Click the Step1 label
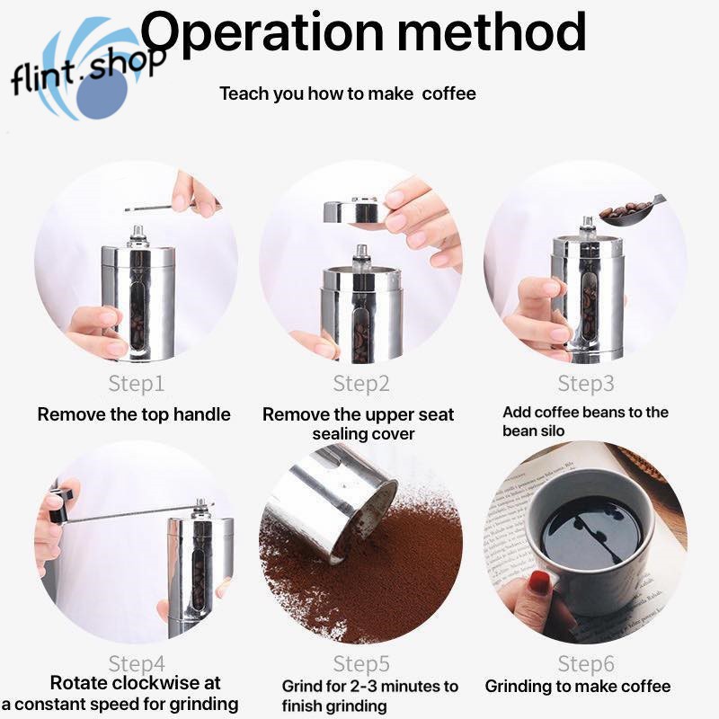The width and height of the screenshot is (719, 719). pyautogui.click(x=136, y=384)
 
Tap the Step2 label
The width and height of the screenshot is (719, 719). pyautogui.click(x=360, y=384)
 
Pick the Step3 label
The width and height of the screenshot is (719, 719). pyautogui.click(x=585, y=384)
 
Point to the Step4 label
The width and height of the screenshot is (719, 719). pyautogui.click(x=136, y=664)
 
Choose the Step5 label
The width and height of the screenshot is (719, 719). pyautogui.click(x=360, y=664)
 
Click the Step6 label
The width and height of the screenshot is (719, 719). pyautogui.click(x=585, y=664)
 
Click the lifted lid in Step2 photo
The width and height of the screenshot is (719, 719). pyautogui.click(x=351, y=211)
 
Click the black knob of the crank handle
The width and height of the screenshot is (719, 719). pyautogui.click(x=58, y=506)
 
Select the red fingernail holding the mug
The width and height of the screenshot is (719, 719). pyautogui.click(x=539, y=581)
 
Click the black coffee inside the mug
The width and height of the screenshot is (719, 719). pyautogui.click(x=590, y=530)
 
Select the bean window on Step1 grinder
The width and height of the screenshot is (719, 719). pyautogui.click(x=137, y=310)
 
